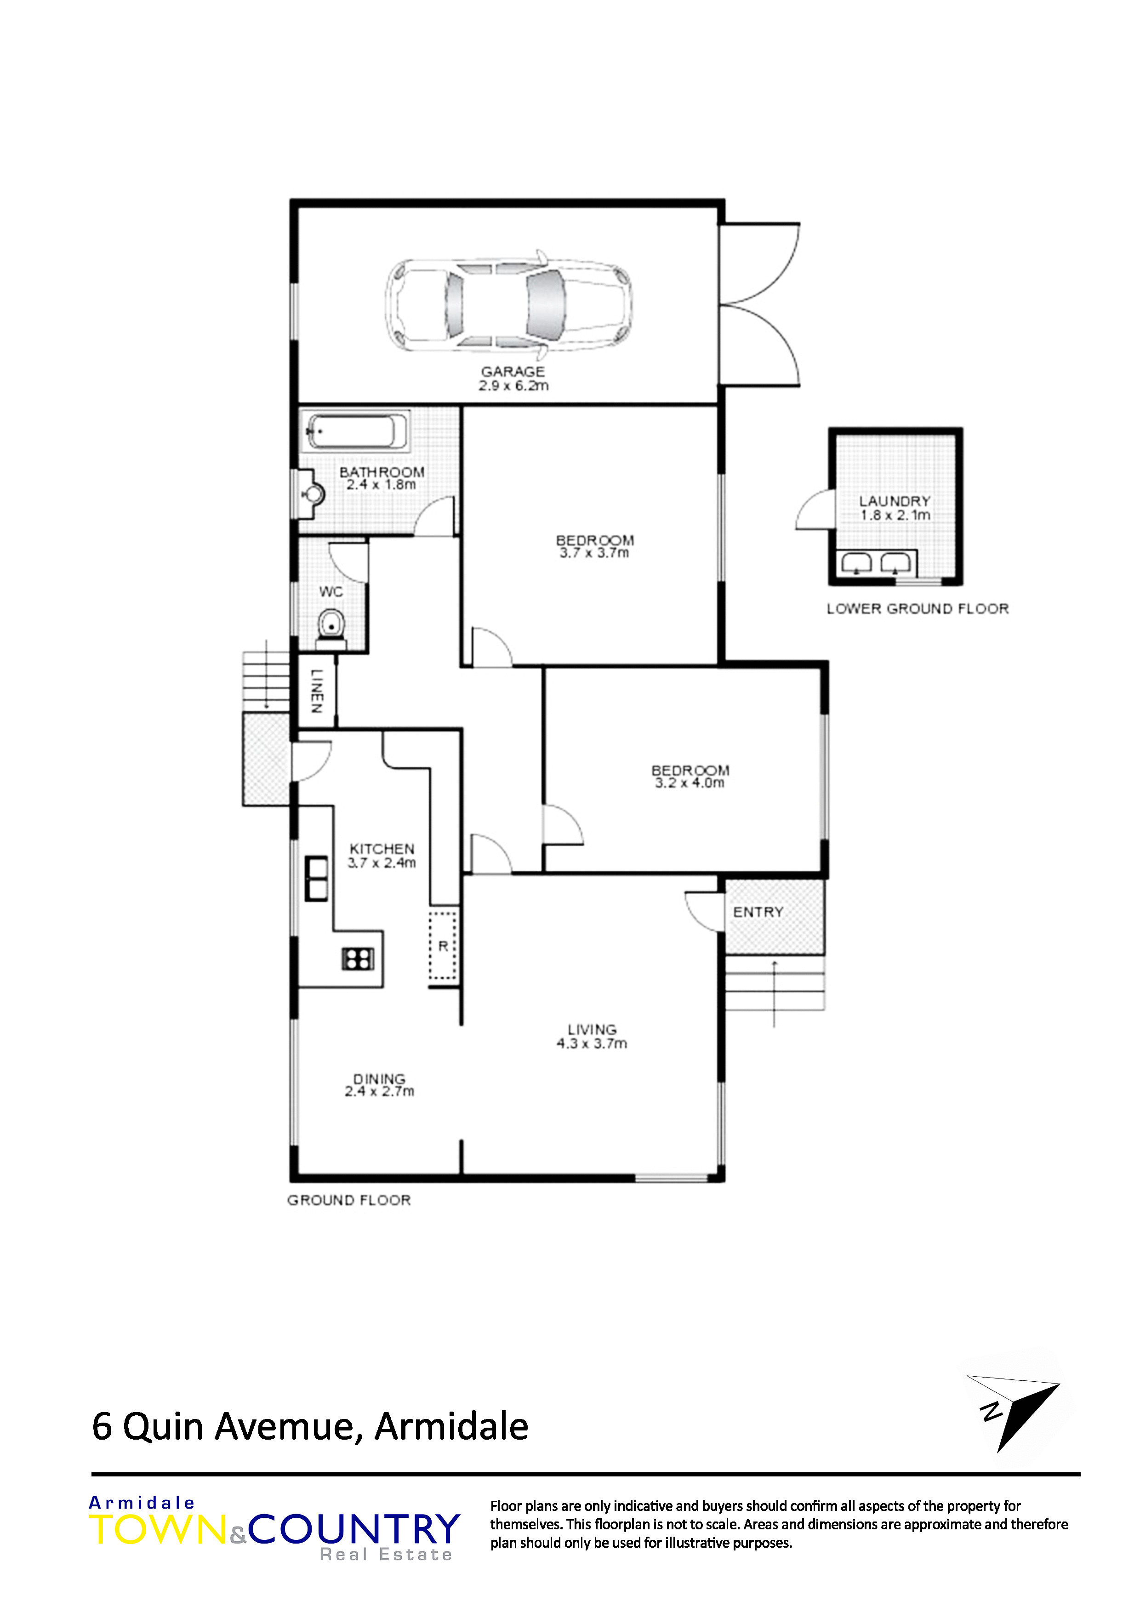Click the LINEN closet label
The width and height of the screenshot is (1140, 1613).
point(317,691)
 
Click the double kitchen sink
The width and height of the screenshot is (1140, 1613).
point(316,878)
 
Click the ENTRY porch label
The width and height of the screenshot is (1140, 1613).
point(758,912)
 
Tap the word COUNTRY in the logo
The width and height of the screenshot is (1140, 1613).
point(354,1529)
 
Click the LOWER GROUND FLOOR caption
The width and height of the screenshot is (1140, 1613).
point(918,608)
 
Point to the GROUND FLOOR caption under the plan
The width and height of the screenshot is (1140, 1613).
point(349,1200)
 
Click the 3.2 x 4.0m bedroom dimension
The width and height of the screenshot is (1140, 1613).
point(690,783)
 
